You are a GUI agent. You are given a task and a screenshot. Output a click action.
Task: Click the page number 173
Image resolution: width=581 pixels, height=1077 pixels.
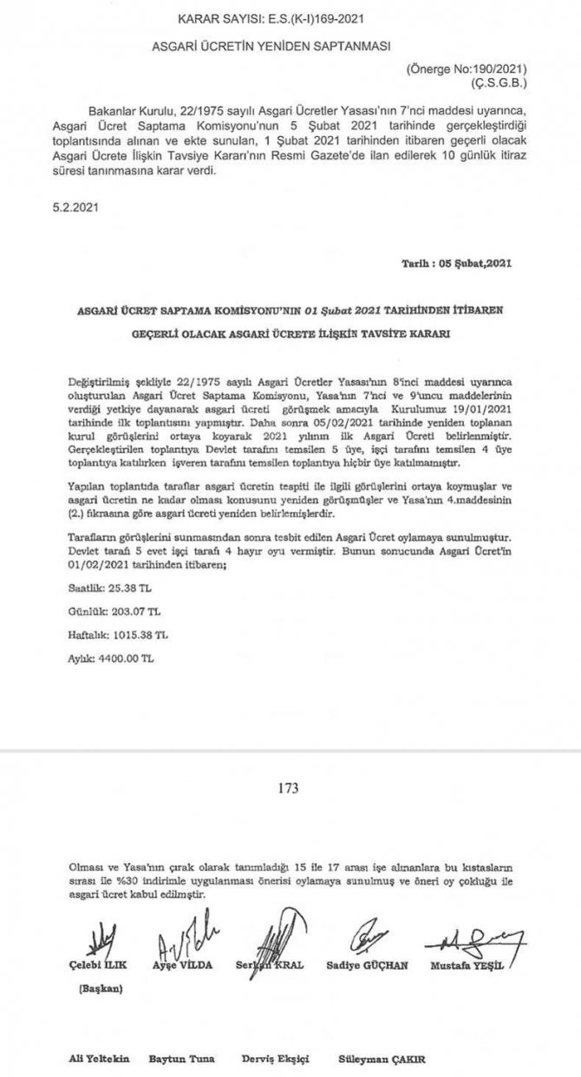point(289,788)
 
